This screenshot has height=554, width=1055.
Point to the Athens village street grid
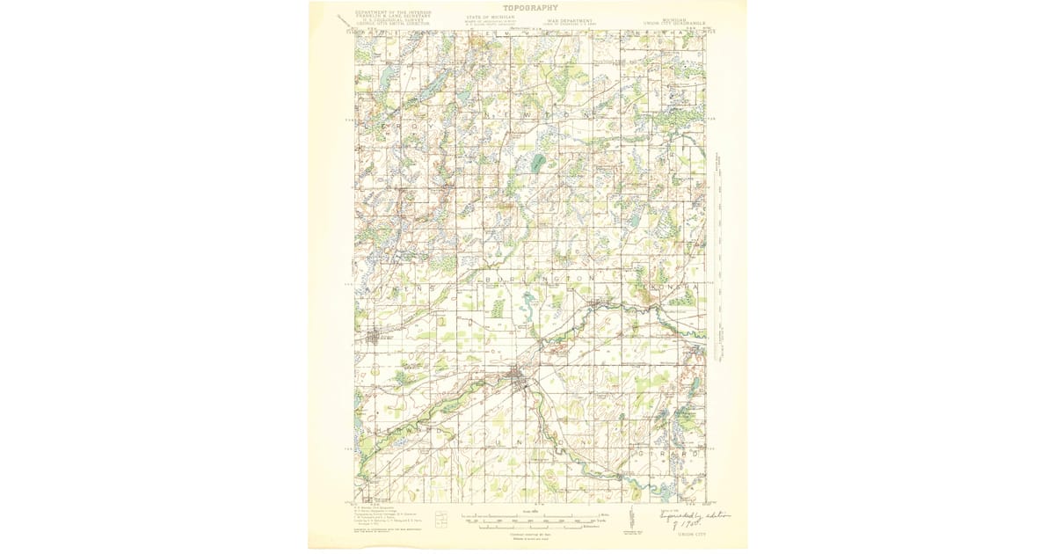(x=375, y=335)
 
